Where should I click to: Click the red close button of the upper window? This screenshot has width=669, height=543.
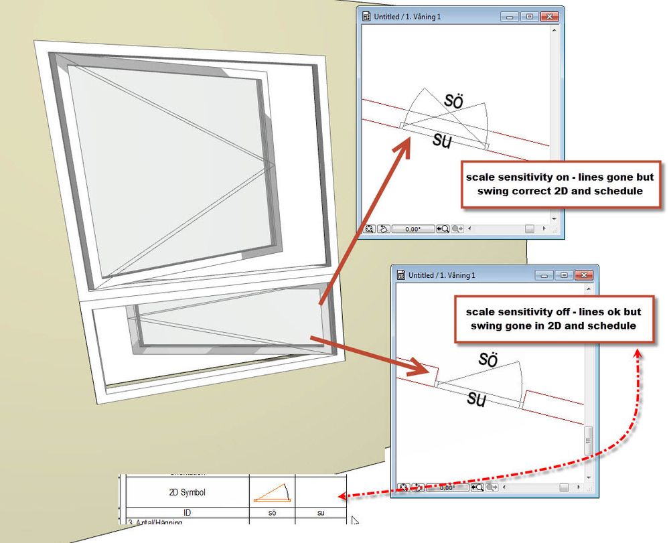[549, 16]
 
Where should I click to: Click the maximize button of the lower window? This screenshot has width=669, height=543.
[564, 275]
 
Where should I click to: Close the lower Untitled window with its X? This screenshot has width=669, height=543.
[584, 275]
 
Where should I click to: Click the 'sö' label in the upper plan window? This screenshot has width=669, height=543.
[454, 99]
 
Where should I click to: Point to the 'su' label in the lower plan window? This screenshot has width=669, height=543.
[476, 399]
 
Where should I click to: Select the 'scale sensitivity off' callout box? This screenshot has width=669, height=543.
[552, 319]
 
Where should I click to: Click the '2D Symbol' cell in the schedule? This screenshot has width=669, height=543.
[187, 492]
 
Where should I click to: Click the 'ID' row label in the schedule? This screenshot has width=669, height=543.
[187, 512]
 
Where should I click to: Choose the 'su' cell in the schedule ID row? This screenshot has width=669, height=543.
[320, 512]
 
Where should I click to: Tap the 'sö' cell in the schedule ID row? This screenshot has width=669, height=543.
[272, 512]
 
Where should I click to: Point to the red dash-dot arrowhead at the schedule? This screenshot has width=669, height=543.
[342, 496]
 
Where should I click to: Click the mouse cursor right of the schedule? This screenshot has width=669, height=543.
[355, 521]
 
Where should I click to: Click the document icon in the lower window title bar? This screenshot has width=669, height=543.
[402, 275]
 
